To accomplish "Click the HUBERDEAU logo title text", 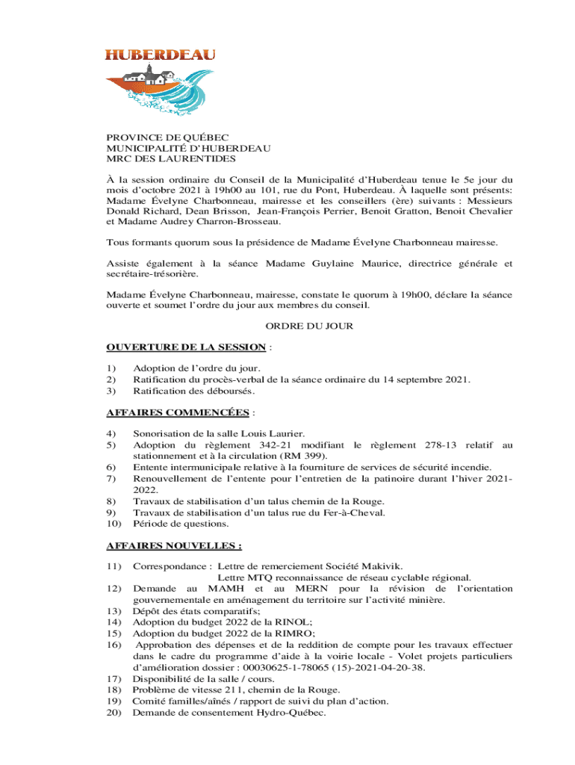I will pyautogui.click(x=160, y=55).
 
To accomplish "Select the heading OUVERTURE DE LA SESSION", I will pyautogui.click(x=186, y=347).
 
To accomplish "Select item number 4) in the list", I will pyautogui.click(x=111, y=433).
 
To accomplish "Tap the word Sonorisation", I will pyautogui.click(x=164, y=433).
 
